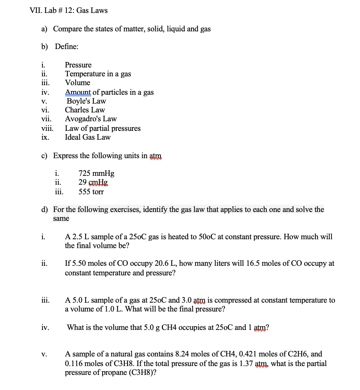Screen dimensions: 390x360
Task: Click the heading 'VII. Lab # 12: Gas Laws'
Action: tap(68, 11)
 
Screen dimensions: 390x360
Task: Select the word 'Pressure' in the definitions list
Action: tap(78, 65)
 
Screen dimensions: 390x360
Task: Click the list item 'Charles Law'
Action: tap(85, 110)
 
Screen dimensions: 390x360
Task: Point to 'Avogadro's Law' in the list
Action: tap(91, 119)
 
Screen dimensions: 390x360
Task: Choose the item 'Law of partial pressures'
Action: tap(103, 128)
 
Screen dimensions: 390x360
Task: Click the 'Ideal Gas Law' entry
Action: tap(88, 137)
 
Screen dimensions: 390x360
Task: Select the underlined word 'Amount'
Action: tap(77, 92)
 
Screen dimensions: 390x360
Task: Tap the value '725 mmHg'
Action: tap(96, 173)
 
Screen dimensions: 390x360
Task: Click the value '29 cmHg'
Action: tap(93, 182)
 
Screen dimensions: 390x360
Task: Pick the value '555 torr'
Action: tap(91, 192)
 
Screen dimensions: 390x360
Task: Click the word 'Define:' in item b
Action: tap(66, 47)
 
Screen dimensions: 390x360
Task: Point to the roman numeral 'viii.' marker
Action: tap(47, 128)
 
